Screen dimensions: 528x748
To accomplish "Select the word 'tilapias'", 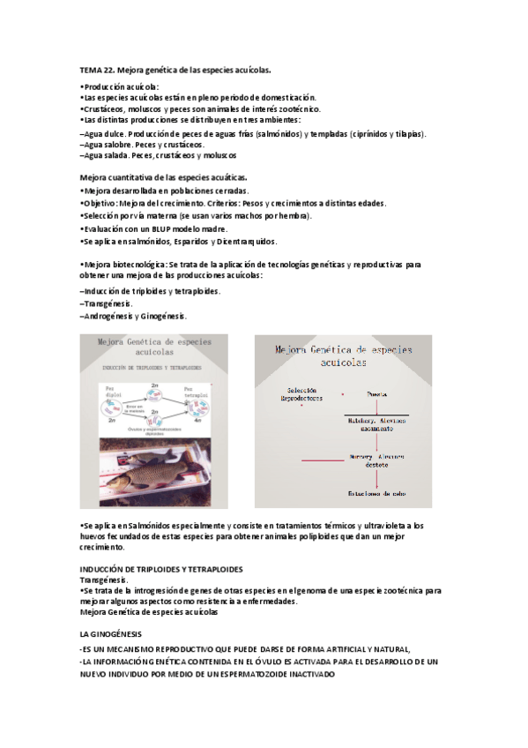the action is coord(410,134).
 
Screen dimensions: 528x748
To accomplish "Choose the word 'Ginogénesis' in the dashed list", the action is coord(163,315).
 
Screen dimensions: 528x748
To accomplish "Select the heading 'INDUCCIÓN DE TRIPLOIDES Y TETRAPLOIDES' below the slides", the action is coord(161,570).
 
